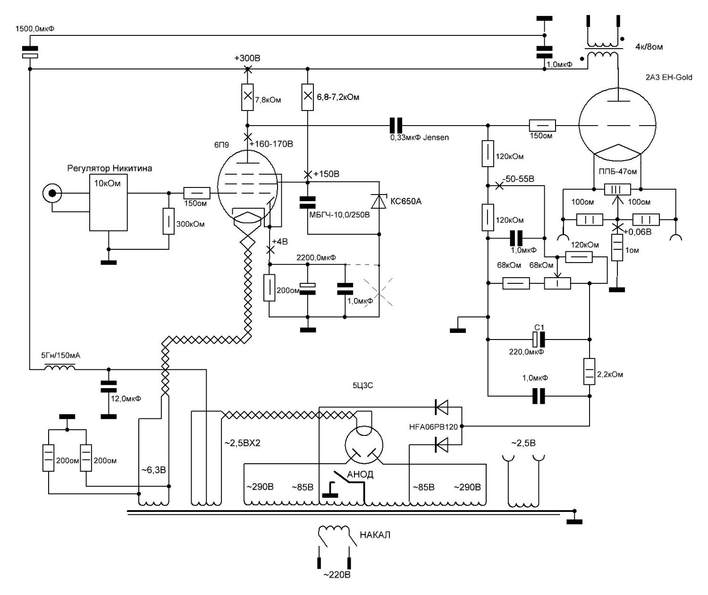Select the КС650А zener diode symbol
click(x=379, y=201)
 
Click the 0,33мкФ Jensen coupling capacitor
click(x=396, y=125)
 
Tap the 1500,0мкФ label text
click(x=35, y=28)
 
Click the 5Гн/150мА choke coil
click(x=59, y=367)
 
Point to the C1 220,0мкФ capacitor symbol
click(x=539, y=339)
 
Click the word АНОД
click(x=360, y=475)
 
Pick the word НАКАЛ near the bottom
click(x=375, y=535)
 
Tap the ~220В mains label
click(x=337, y=575)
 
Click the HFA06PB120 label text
click(x=433, y=427)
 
